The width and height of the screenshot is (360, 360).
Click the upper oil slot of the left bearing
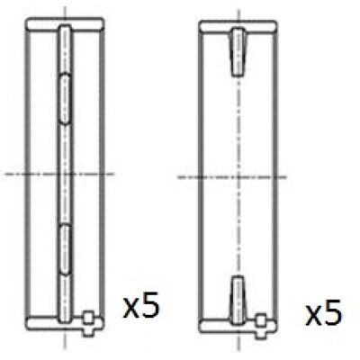click(x=65, y=99)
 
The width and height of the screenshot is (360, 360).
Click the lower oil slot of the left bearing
click(x=65, y=249)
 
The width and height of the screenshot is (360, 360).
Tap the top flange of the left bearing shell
click(x=65, y=24)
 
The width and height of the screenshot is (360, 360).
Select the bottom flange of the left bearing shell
click(x=65, y=323)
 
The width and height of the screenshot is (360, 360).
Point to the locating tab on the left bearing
click(x=88, y=323)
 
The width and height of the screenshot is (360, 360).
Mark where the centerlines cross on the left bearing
click(x=65, y=174)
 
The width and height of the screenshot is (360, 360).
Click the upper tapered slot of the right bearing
click(x=238, y=51)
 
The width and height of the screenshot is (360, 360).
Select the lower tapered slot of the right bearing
click(x=238, y=300)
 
